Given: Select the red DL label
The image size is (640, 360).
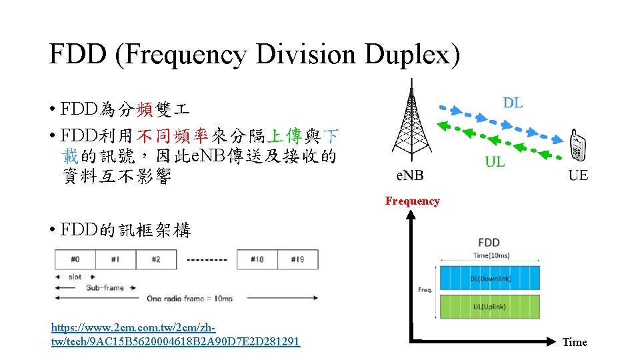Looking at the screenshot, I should (513, 103).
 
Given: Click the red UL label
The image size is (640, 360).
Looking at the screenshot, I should (495, 161).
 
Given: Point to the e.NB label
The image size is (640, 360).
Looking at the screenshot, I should (409, 176).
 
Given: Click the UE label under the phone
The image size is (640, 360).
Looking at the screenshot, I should (578, 176).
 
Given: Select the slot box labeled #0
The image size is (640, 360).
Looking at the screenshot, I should (75, 259).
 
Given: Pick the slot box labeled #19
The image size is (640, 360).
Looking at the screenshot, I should (297, 259).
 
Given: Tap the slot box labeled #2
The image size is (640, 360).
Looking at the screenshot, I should (156, 259).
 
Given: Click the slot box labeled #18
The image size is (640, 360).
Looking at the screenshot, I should (257, 259).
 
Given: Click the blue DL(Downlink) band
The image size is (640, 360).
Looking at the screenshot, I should (489, 278).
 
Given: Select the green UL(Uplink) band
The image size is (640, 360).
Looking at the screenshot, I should (489, 307).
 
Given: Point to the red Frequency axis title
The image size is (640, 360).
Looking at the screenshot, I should (412, 201).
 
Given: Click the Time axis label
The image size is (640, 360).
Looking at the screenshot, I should (575, 342).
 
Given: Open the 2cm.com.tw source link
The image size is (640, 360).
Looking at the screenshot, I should (175, 335).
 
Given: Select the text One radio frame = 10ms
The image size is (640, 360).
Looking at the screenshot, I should (190, 298).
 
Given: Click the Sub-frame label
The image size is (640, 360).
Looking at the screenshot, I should (105, 288).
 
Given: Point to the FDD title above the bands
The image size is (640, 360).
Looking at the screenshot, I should (489, 242).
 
